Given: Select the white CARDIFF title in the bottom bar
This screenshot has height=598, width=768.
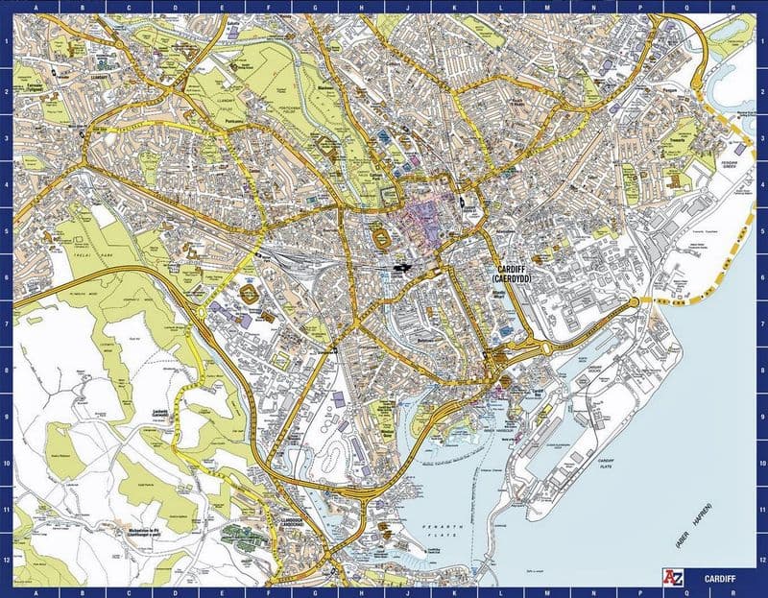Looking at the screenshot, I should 718,580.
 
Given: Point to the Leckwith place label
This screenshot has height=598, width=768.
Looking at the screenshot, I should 159,414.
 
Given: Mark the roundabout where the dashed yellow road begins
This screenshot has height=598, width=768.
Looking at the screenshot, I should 634,304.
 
